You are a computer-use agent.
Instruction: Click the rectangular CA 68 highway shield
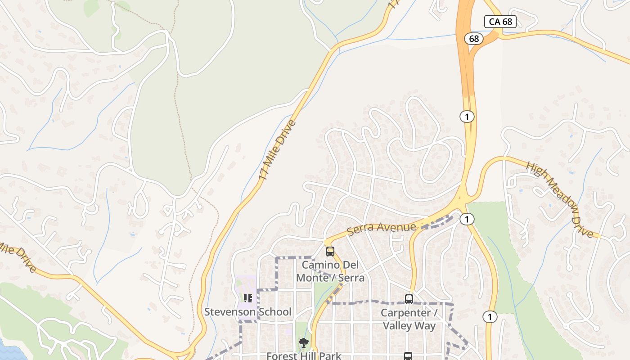coord(500,21)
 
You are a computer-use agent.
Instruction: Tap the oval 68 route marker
coord(474,39)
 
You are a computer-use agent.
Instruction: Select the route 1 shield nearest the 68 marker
coord(467,117)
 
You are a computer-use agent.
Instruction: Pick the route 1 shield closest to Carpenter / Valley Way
coord(490,317)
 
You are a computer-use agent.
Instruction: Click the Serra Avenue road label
coord(382,227)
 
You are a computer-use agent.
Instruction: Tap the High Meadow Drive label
coord(560,199)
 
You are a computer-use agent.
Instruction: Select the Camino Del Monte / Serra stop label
coord(330,271)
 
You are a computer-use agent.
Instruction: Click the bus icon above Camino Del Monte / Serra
coord(330,252)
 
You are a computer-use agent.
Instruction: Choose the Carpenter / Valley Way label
coord(409,319)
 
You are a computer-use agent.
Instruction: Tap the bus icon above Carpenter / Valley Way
coord(409,299)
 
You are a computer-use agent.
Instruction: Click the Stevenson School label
coord(248,312)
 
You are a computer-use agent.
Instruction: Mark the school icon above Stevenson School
coord(247,298)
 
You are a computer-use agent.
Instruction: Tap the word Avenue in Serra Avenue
coord(396,226)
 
